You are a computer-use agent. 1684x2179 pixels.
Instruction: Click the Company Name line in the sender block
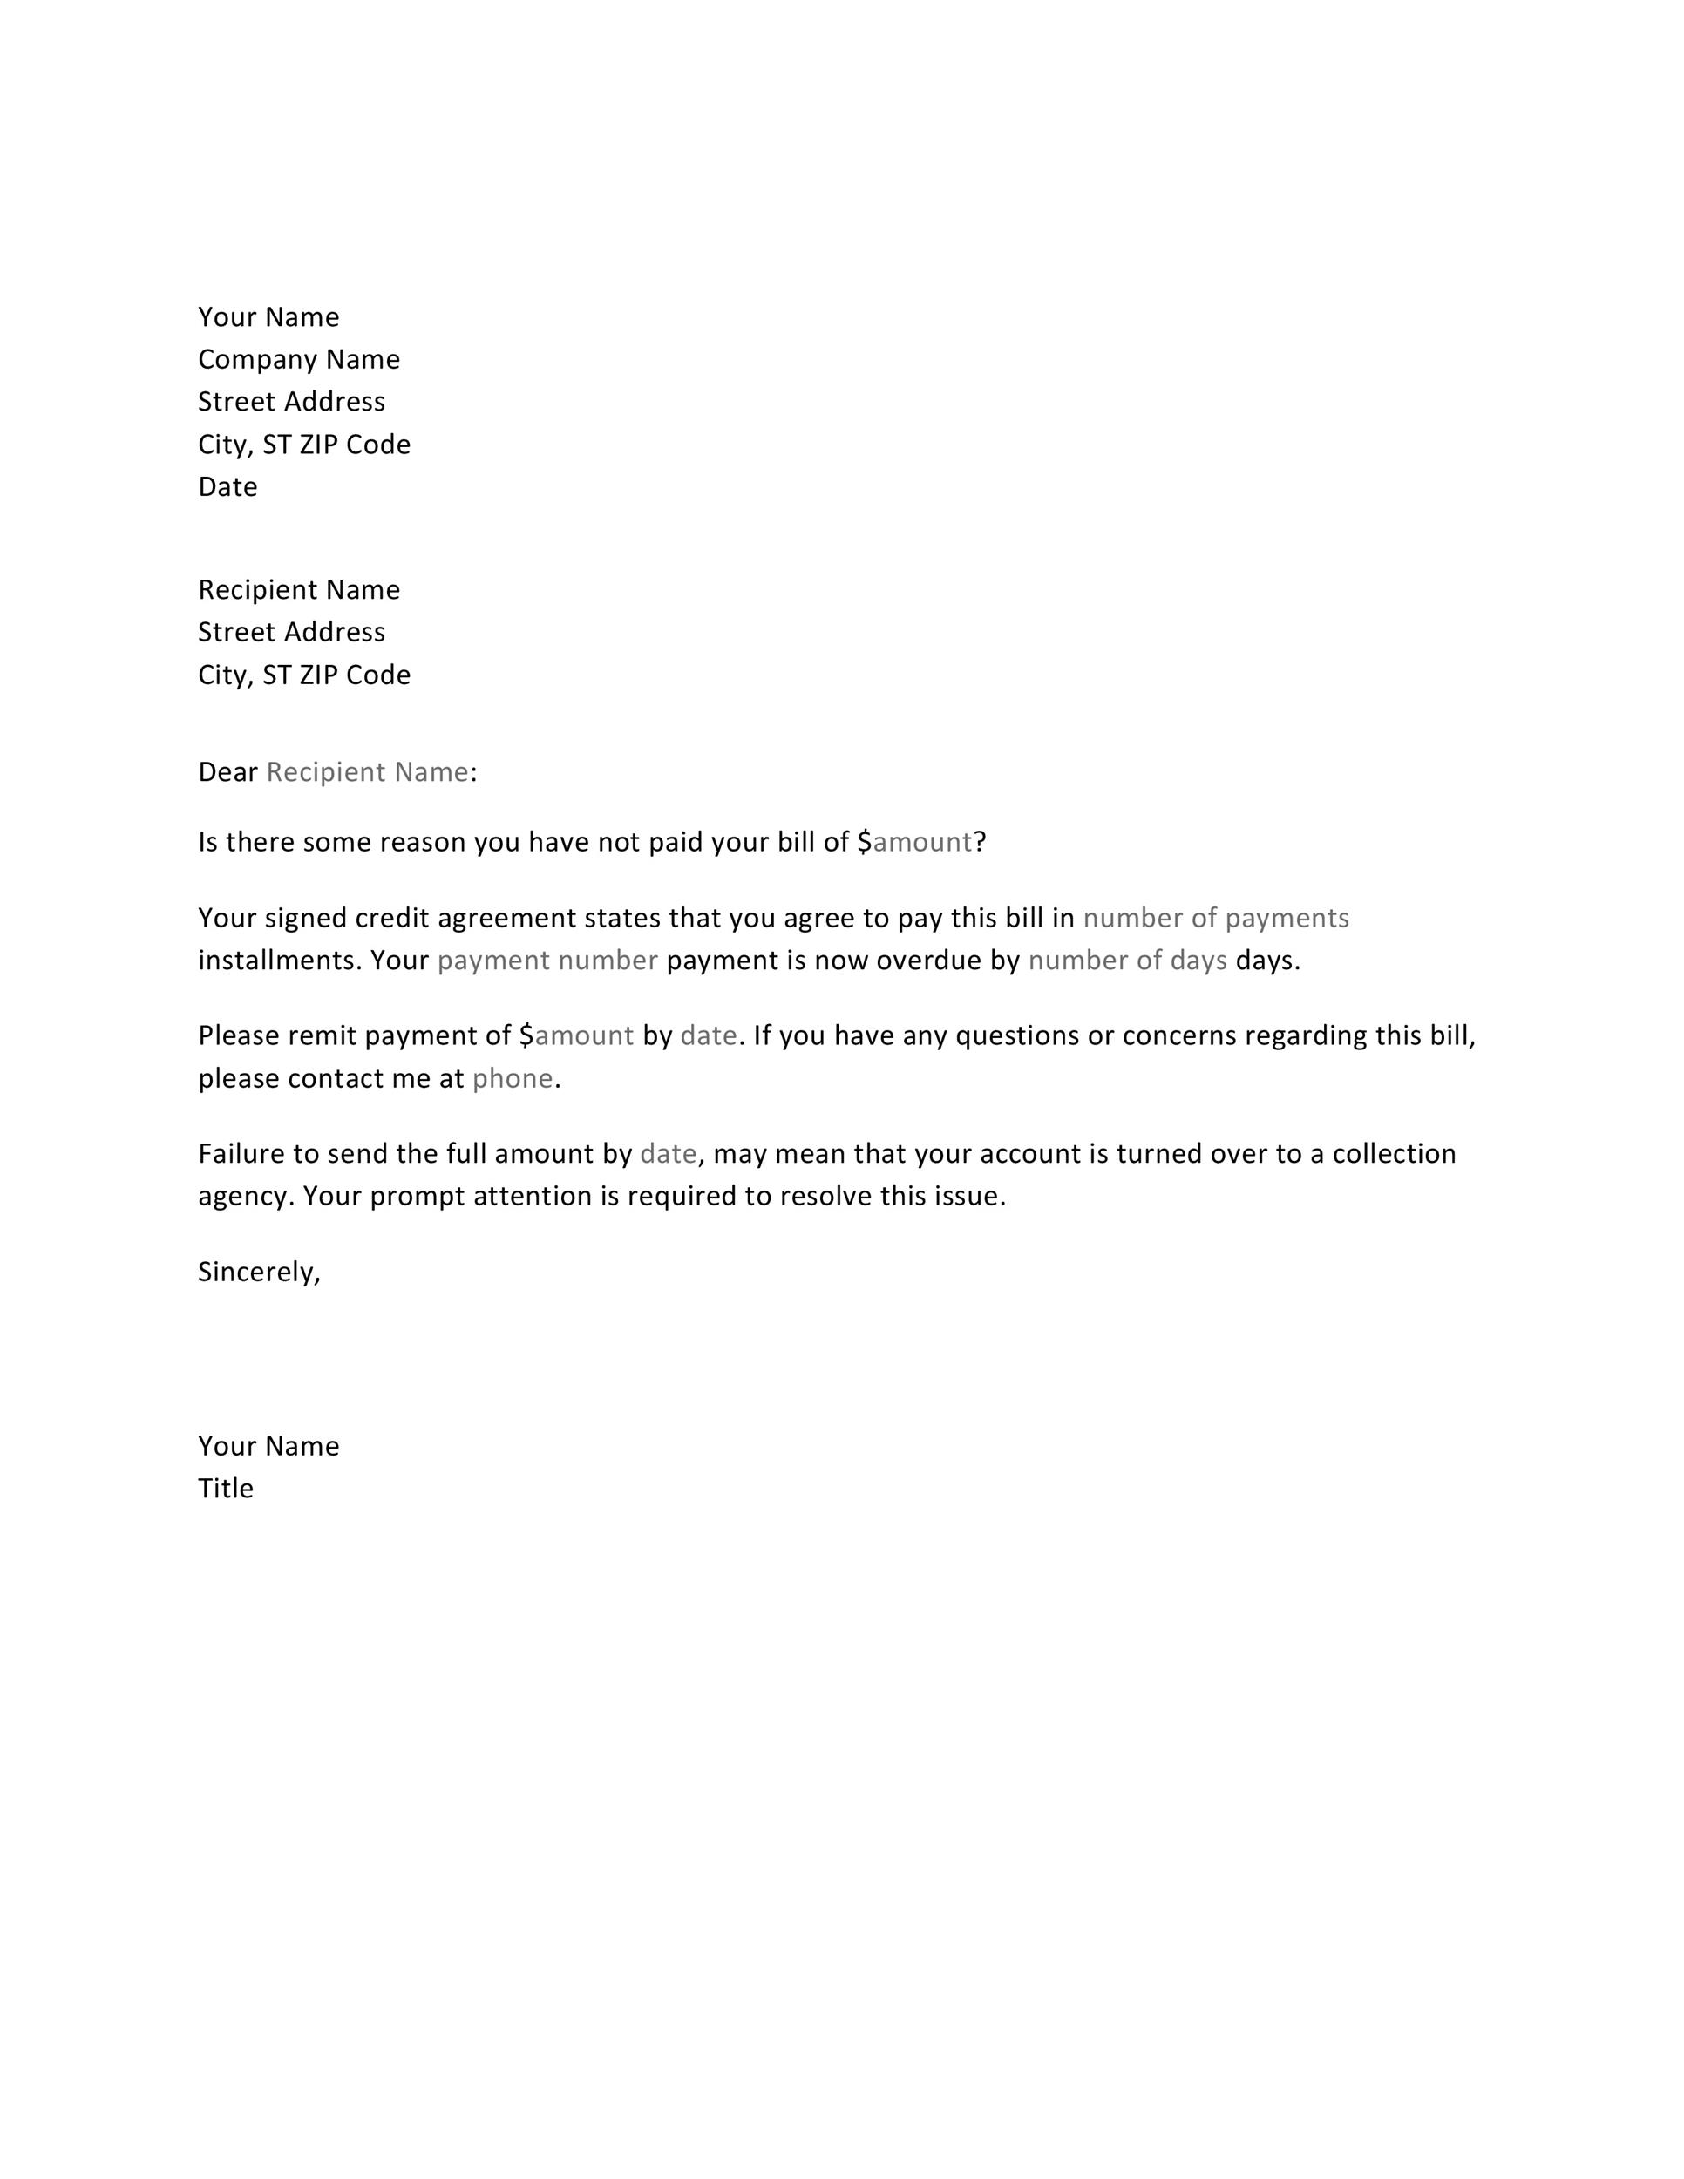pos(298,359)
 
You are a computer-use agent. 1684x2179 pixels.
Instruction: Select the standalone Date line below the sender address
pos(227,487)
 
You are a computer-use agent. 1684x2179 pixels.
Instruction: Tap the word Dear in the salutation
pos(227,772)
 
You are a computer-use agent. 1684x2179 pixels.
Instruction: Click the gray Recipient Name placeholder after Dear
pos(367,772)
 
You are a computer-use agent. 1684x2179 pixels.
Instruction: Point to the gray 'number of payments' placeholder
pos(1215,918)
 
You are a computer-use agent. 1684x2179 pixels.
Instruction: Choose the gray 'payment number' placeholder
pos(547,961)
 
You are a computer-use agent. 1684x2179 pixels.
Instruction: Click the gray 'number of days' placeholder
pos(1127,961)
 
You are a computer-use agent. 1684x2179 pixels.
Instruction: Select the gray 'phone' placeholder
pos(512,1078)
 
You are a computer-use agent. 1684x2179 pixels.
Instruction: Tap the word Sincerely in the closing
pos(258,1272)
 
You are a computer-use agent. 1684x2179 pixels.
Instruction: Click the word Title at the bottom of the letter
pos(226,1489)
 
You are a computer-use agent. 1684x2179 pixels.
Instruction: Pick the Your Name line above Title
pos(268,1447)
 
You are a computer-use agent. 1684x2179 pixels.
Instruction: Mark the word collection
pos(1394,1154)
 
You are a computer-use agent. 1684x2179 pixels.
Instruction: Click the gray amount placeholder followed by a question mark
pos(922,843)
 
